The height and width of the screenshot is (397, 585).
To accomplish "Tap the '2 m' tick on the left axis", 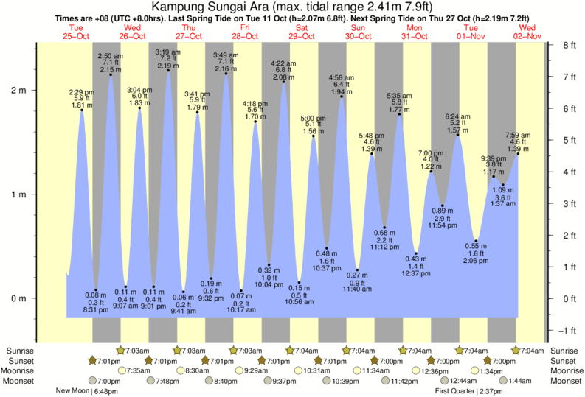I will point(17,91).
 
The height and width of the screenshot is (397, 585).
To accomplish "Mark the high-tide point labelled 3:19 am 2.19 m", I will point(168,71).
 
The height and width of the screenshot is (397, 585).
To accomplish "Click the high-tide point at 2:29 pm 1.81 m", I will point(82,110).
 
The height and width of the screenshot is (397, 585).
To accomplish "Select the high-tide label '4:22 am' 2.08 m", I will point(284,63).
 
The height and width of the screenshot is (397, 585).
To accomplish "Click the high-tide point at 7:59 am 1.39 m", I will point(518,153).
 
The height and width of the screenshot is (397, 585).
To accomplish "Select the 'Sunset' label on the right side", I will point(564,360).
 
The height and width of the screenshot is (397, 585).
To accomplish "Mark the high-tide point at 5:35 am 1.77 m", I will point(399,113).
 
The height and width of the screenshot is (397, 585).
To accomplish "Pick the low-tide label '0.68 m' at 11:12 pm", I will point(384,233).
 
